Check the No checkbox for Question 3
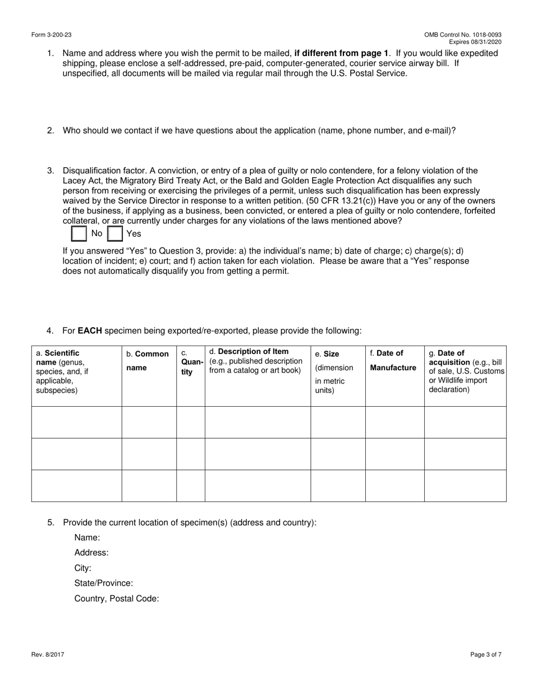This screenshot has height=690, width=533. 80,233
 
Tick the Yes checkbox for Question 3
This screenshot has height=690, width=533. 115,233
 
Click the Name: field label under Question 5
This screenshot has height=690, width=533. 87,537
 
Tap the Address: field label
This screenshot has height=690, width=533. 91,553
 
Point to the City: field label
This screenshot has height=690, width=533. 83,568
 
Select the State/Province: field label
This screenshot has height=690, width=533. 104,583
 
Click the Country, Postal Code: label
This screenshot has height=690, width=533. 117,599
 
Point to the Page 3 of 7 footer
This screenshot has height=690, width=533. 486,654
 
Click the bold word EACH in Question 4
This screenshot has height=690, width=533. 90,330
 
